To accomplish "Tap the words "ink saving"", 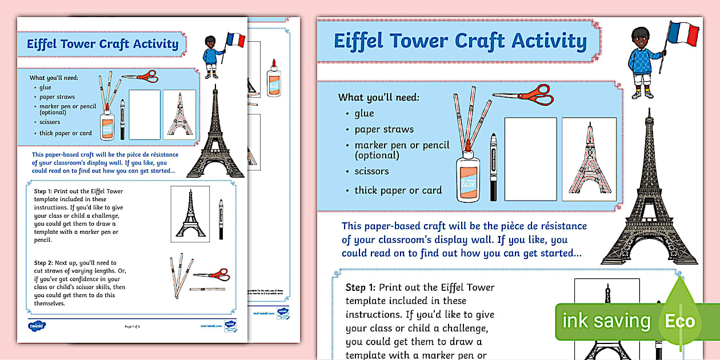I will pyautogui.click(x=606, y=321).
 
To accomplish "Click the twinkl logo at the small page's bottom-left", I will pyautogui.click(x=37, y=326).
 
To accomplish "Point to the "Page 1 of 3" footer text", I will pyautogui.click(x=132, y=326).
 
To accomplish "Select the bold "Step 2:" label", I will pyautogui.click(x=44, y=262).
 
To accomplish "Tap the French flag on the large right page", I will pyautogui.click(x=685, y=34).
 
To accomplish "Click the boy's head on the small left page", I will pyautogui.click(x=211, y=42).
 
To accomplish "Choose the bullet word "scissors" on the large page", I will pyautogui.click(x=371, y=171).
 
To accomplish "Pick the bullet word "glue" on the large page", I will pyautogui.click(x=364, y=113).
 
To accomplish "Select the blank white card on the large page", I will pyautogui.click(x=530, y=159).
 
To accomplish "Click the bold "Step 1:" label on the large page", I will pyautogui.click(x=361, y=287).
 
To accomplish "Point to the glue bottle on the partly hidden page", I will pyautogui.click(x=274, y=77).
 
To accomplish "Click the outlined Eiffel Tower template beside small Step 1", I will pyautogui.click(x=190, y=214).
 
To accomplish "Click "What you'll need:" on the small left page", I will pyautogui.click(x=54, y=78).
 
